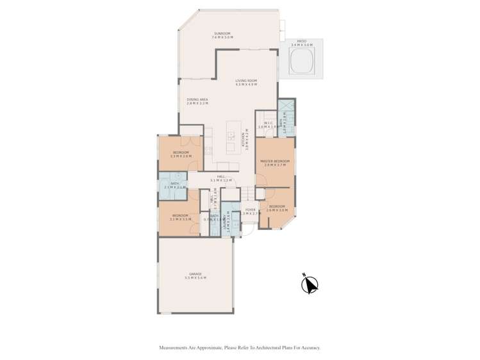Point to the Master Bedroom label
pyautogui.click(x=274, y=163)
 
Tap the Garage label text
pyautogui.click(x=195, y=275)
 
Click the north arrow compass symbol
pyautogui.click(x=310, y=284)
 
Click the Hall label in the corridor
pyautogui.click(x=220, y=178)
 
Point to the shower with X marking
pyautogui.click(x=286, y=107)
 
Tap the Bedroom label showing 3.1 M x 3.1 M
pyautogui.click(x=179, y=217)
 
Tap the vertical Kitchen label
pyautogui.click(x=244, y=140)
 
